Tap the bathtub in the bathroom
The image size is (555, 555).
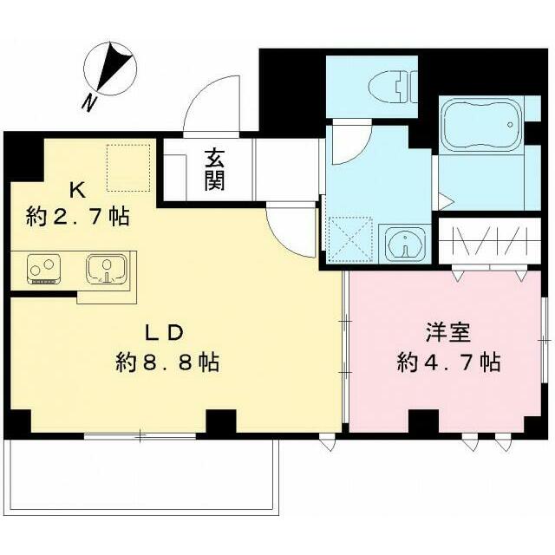[483, 123]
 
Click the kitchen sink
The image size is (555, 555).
[106, 269]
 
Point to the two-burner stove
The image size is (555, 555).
[44, 270]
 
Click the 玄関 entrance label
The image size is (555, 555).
[215, 170]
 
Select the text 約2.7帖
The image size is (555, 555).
[77, 217]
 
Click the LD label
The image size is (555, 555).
[165, 333]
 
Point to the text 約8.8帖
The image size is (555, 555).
[167, 362]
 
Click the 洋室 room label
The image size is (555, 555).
[448, 332]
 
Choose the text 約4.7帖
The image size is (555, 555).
[448, 362]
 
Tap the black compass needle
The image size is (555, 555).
[113, 65]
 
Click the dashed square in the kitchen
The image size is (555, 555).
[128, 167]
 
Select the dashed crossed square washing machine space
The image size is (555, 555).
[350, 240]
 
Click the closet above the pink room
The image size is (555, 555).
[489, 241]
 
